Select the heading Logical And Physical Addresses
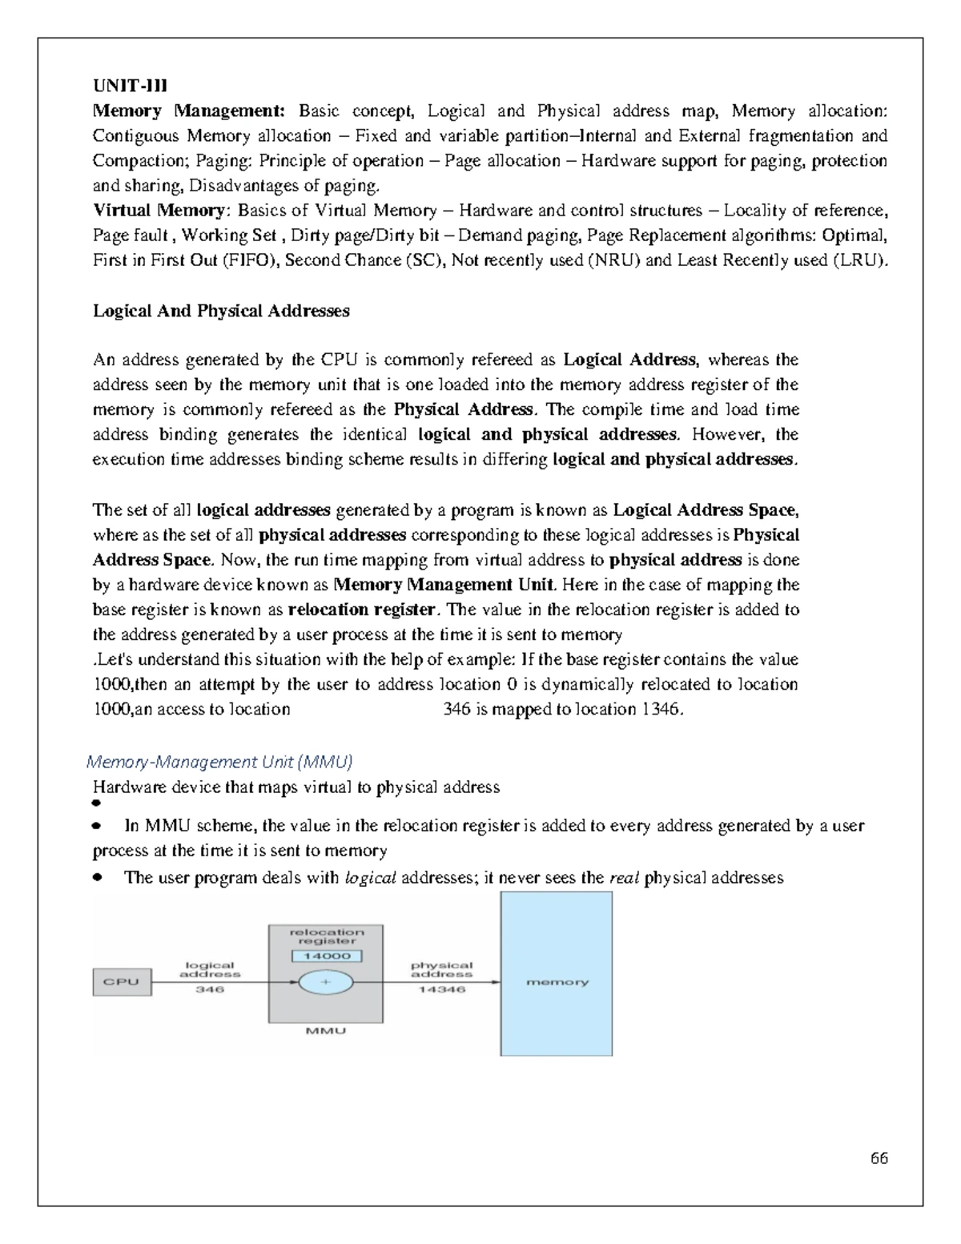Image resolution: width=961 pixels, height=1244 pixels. point(221,311)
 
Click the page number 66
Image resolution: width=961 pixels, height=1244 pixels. point(879,1158)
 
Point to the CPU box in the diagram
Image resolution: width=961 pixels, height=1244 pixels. point(122,982)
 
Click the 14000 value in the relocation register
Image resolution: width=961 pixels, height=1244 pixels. point(326,956)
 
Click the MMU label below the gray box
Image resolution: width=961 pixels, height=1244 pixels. point(326,1032)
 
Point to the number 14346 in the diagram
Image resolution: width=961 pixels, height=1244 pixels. point(441,990)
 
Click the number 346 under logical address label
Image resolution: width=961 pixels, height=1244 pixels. point(210,990)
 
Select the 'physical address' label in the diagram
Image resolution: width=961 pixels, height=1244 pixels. point(441,970)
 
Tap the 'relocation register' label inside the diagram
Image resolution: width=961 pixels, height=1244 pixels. point(326,936)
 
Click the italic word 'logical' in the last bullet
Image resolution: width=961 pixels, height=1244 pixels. point(370,878)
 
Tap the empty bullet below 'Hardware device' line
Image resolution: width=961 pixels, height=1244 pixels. point(97,803)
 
